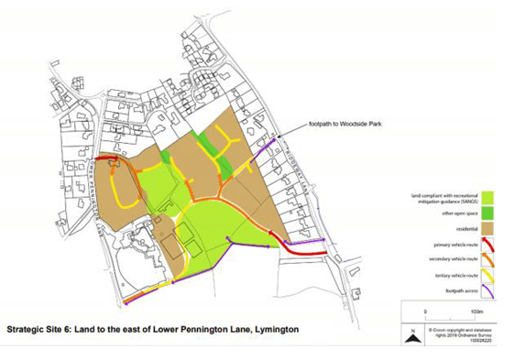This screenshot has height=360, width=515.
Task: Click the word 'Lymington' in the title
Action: coord(270,328)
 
